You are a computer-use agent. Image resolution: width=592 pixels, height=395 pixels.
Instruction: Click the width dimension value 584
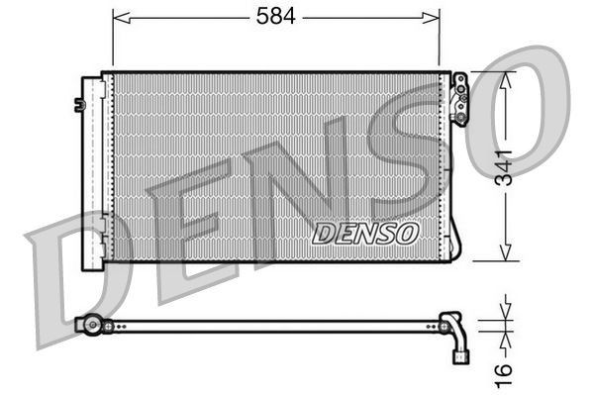coord(276,17)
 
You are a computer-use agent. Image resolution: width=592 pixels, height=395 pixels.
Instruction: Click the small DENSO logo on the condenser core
coord(365,233)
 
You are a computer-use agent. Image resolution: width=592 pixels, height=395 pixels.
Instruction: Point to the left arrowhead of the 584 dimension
coord(119,17)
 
